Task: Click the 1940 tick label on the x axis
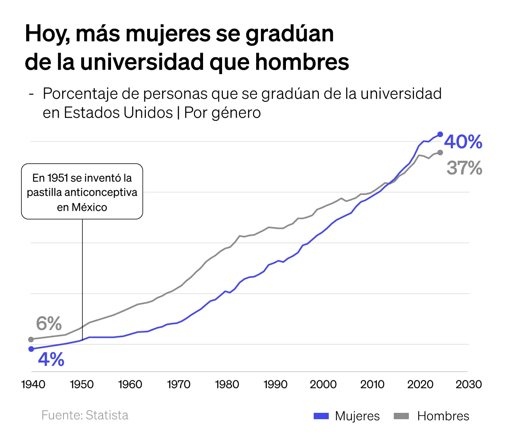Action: click(x=33, y=384)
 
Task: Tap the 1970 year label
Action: click(x=178, y=384)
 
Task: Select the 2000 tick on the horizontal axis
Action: click(x=323, y=384)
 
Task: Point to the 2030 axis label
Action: click(x=469, y=384)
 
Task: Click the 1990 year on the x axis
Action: click(x=275, y=384)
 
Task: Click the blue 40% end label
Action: click(x=463, y=142)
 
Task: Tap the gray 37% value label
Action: click(x=464, y=168)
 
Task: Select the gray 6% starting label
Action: click(x=49, y=324)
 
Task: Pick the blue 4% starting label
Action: click(x=51, y=360)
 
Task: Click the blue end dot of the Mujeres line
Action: click(x=440, y=134)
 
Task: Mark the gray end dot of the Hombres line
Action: click(x=440, y=153)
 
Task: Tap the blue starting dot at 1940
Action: click(x=31, y=349)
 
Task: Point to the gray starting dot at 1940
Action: click(x=31, y=339)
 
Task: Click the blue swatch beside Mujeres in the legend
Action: click(x=321, y=416)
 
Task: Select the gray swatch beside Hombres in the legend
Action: click(x=401, y=416)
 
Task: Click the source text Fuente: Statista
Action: click(x=85, y=415)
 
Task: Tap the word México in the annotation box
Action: click(x=89, y=207)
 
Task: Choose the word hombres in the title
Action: click(x=302, y=62)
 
